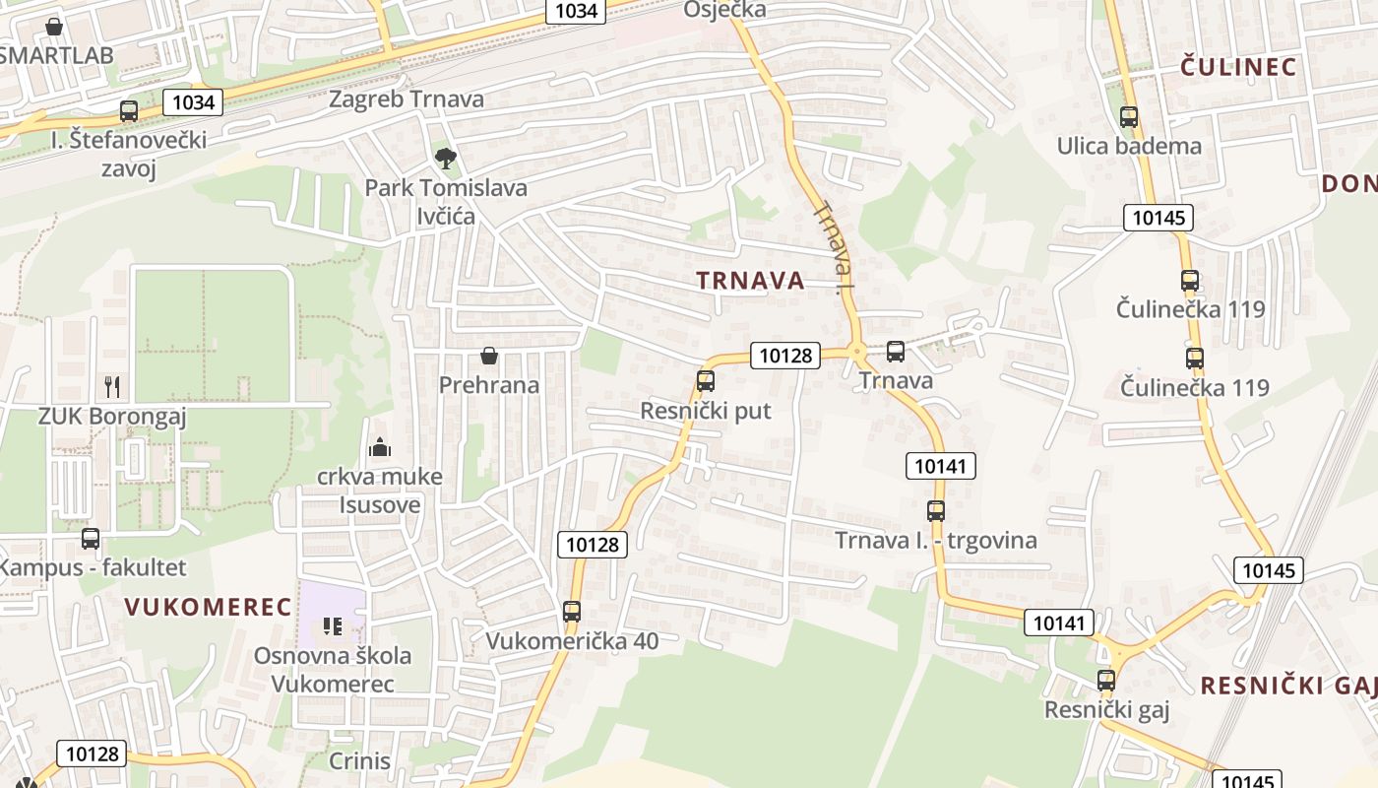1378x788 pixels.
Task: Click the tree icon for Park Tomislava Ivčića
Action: click(x=446, y=157)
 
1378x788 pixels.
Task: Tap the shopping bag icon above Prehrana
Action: click(x=488, y=355)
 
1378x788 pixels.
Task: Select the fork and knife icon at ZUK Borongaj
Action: click(x=112, y=386)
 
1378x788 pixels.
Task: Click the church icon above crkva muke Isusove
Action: click(x=380, y=448)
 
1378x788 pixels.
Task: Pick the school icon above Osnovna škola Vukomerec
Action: click(x=333, y=625)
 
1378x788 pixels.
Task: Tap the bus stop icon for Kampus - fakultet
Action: click(x=91, y=539)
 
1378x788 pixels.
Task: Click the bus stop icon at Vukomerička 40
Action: click(x=572, y=611)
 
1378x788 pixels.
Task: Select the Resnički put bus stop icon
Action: click(x=705, y=380)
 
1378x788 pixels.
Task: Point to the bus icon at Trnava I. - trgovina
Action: click(x=935, y=510)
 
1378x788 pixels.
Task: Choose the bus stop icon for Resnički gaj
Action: click(x=1106, y=680)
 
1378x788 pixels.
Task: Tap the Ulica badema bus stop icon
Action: click(x=1129, y=116)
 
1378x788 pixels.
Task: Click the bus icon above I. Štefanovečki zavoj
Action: click(x=129, y=110)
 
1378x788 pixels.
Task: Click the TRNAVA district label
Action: click(x=750, y=281)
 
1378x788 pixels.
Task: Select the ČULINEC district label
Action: click(x=1238, y=67)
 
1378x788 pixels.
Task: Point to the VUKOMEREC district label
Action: click(x=209, y=607)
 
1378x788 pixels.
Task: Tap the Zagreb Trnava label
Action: click(x=406, y=99)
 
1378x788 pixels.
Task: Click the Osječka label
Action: click(x=724, y=10)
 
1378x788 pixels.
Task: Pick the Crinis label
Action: click(x=359, y=761)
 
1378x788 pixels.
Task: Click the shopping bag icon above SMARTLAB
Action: click(x=54, y=27)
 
